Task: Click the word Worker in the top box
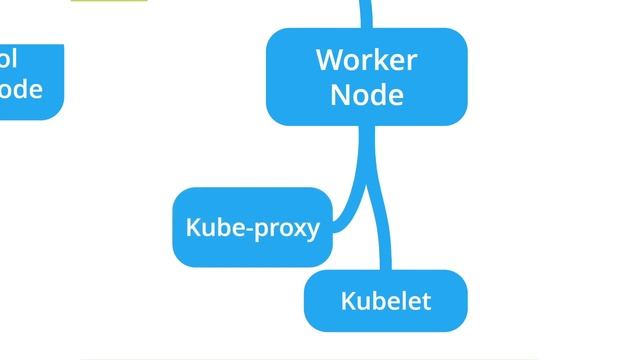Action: coord(366,60)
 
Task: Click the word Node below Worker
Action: coord(366,94)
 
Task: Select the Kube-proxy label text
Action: coord(252,227)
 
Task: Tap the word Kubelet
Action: coord(385,300)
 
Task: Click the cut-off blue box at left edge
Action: coord(30,80)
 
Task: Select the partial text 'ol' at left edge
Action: coord(9,57)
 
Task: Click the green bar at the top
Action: coord(109,1)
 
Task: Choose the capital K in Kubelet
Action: coord(347,300)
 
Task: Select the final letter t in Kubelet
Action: coord(426,300)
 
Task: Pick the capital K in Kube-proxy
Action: coord(192,227)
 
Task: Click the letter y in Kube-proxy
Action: coord(312,230)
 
